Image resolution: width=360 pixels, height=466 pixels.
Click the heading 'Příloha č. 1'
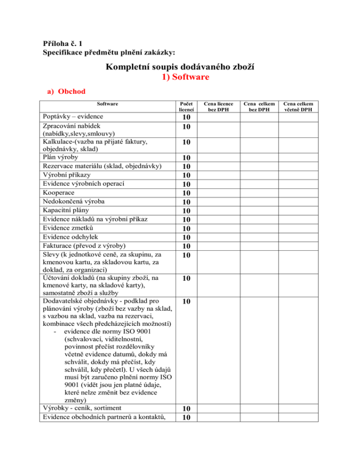(65, 44)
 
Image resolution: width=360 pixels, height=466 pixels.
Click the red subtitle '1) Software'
(180, 77)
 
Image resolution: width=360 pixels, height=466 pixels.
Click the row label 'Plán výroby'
(62, 157)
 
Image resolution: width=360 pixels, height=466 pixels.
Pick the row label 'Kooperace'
(60, 193)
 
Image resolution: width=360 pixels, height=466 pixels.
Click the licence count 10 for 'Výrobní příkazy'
(187, 175)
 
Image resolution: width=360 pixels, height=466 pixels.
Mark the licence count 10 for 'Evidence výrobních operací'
(187, 184)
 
